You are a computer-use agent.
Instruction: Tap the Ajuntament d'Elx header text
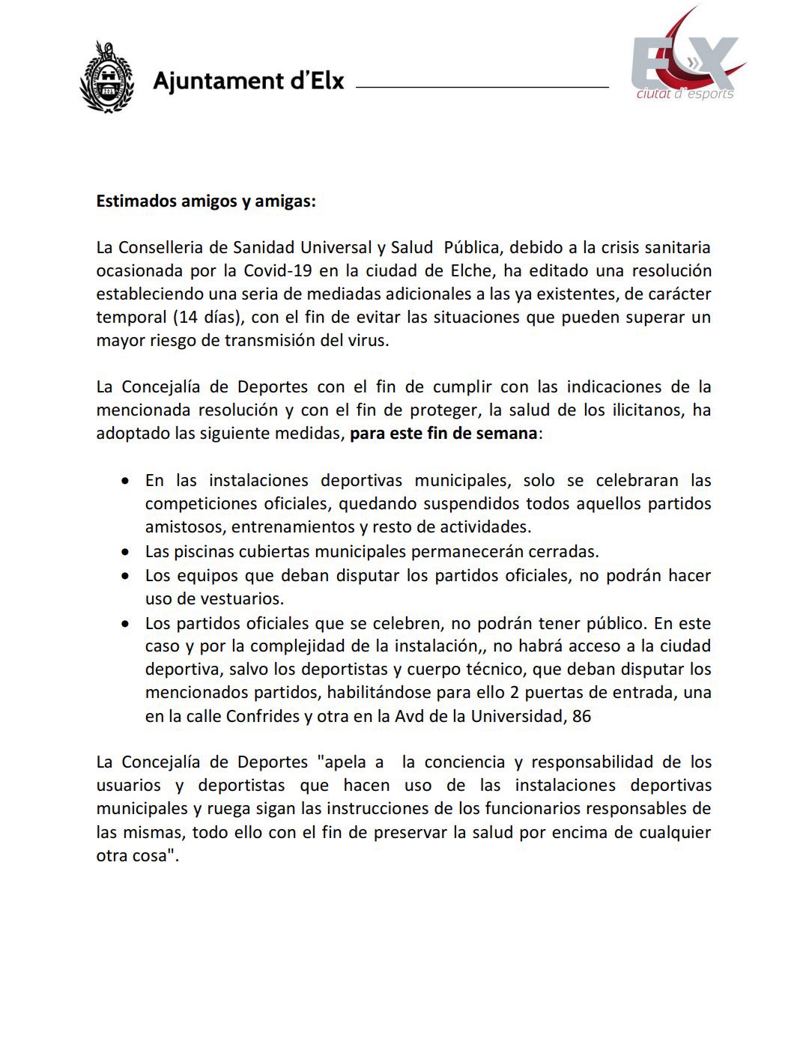pyautogui.click(x=248, y=81)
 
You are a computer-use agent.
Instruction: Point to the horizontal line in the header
pyautogui.click(x=482, y=88)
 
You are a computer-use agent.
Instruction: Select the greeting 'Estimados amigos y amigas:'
pyautogui.click(x=206, y=201)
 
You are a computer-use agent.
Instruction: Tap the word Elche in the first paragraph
pyautogui.click(x=468, y=270)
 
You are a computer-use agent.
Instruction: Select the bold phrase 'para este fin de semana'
pyautogui.click(x=443, y=434)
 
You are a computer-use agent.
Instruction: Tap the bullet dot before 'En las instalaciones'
pyautogui.click(x=127, y=481)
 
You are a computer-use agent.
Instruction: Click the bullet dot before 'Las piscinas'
pyautogui.click(x=127, y=552)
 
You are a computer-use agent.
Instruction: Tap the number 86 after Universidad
pyautogui.click(x=581, y=716)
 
